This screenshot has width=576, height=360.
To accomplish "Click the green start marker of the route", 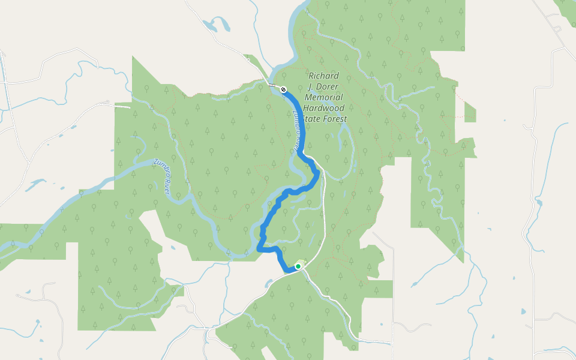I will [x=298, y=266].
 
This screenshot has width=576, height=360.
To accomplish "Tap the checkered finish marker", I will [x=283, y=89].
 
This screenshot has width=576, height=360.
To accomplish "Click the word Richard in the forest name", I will [x=323, y=76].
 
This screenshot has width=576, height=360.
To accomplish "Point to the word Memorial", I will [x=323, y=97].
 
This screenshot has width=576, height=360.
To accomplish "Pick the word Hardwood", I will [x=323, y=108].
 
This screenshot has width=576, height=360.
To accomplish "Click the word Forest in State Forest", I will [x=335, y=119].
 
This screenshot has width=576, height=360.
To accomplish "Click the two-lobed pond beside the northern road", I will [x=217, y=25].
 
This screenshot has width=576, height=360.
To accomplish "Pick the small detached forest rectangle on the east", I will [x=470, y=112].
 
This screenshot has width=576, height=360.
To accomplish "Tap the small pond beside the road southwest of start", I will [x=269, y=280].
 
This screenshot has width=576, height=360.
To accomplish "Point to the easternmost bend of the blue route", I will [x=318, y=174].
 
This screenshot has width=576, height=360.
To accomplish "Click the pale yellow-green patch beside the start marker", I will [x=301, y=262].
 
